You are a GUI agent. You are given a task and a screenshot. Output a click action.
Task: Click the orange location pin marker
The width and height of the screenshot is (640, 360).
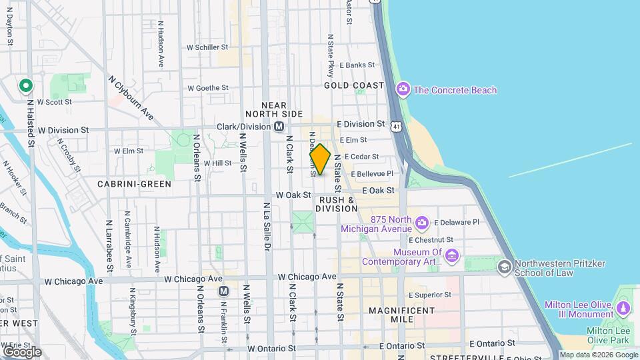[x=320, y=159]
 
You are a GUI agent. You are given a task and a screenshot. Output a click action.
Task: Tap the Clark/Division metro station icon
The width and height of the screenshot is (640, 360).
[x=279, y=127]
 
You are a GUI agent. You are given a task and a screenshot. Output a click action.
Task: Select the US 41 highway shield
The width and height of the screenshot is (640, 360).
[x=397, y=126]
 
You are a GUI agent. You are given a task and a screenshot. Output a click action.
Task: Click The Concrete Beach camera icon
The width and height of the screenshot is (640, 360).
[x=403, y=89]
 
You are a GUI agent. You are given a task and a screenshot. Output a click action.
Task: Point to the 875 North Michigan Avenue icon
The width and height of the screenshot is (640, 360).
[x=421, y=222]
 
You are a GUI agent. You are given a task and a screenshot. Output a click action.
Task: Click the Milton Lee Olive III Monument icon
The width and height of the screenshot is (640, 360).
[x=623, y=308]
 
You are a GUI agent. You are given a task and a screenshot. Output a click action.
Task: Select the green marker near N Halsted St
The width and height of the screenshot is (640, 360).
[x=25, y=85]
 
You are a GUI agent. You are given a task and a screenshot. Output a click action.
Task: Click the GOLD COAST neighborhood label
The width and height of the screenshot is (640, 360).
[x=354, y=85]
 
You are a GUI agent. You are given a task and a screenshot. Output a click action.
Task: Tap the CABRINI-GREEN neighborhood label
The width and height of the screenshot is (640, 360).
[x=134, y=183]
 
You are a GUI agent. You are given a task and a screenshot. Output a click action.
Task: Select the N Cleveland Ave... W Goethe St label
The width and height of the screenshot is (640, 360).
[x=208, y=87]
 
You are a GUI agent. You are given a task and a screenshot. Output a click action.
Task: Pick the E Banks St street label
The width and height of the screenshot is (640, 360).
[x=357, y=65]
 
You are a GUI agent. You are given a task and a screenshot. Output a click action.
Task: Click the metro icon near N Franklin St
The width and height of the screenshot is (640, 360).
[x=224, y=291]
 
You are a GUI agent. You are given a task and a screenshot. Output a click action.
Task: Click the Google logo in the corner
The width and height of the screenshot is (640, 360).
[x=22, y=351]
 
